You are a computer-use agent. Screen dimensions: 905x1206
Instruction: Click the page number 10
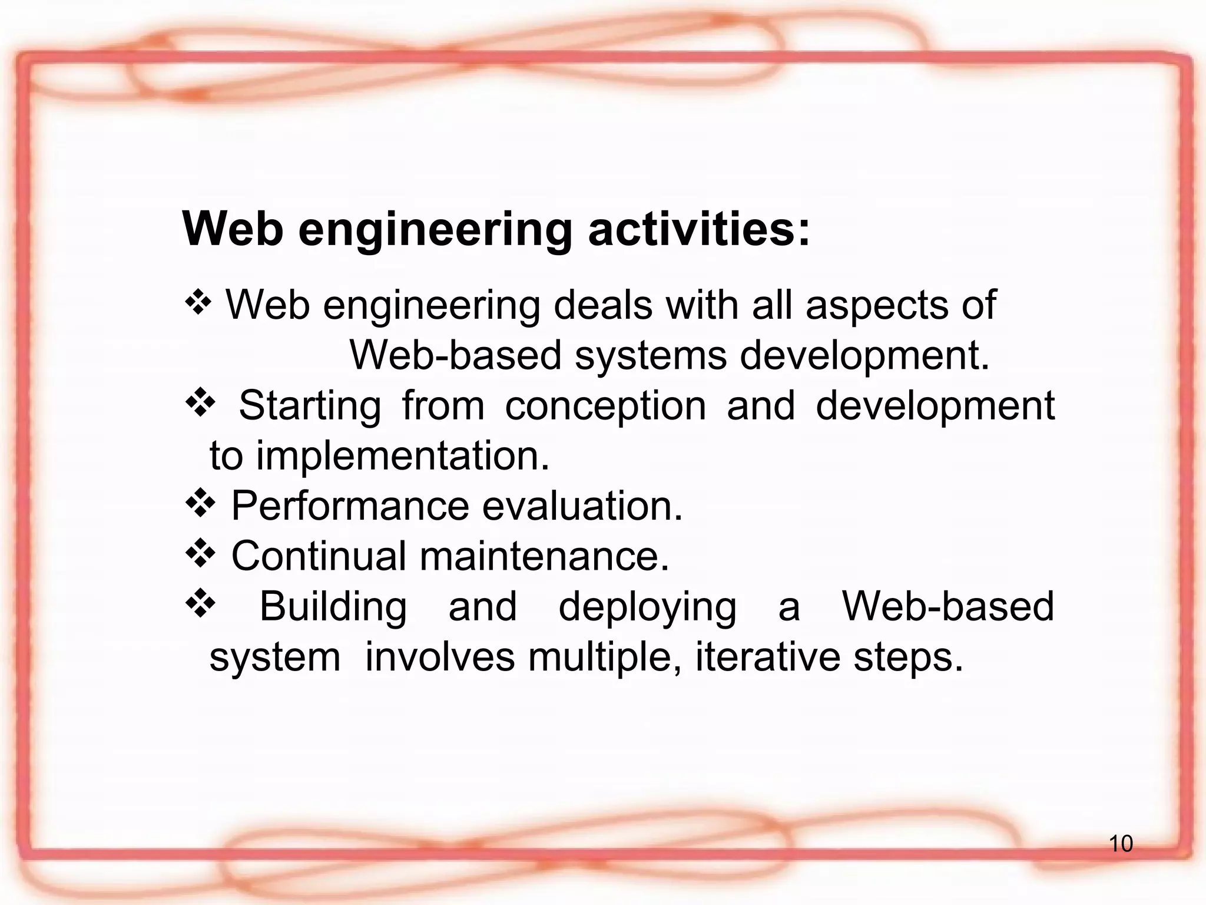click(1121, 844)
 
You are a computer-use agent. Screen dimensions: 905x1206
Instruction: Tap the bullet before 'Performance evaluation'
click(200, 504)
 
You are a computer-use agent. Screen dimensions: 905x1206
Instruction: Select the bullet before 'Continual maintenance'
click(200, 554)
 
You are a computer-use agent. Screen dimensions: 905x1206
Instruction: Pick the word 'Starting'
click(310, 407)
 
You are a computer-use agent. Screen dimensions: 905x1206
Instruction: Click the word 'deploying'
click(647, 607)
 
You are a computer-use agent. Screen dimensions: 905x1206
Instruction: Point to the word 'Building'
click(333, 606)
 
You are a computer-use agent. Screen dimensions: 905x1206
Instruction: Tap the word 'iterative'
click(767, 656)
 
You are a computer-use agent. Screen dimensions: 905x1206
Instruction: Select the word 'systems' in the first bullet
click(651, 356)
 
